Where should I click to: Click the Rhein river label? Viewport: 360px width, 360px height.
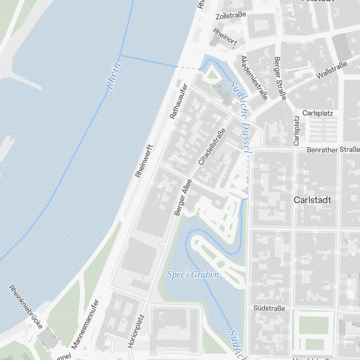click(x=113, y=76)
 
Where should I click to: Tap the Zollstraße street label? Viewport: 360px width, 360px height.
click(x=231, y=15)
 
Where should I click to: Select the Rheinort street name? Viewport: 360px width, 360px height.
click(x=225, y=37)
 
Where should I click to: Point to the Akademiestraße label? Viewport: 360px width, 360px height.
click(x=255, y=77)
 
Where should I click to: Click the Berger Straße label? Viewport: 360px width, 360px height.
click(x=280, y=78)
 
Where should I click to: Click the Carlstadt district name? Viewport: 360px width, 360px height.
click(x=312, y=200)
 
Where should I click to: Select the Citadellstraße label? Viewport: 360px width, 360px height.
click(x=212, y=147)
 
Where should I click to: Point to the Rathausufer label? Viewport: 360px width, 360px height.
click(x=179, y=101)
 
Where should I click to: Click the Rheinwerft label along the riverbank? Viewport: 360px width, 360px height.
click(x=144, y=161)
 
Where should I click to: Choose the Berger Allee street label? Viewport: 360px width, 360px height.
click(x=183, y=198)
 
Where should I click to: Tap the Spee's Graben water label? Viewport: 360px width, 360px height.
click(x=193, y=275)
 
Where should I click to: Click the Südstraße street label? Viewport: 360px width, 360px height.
click(x=269, y=309)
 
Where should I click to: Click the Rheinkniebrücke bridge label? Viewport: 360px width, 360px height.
click(x=26, y=307)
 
